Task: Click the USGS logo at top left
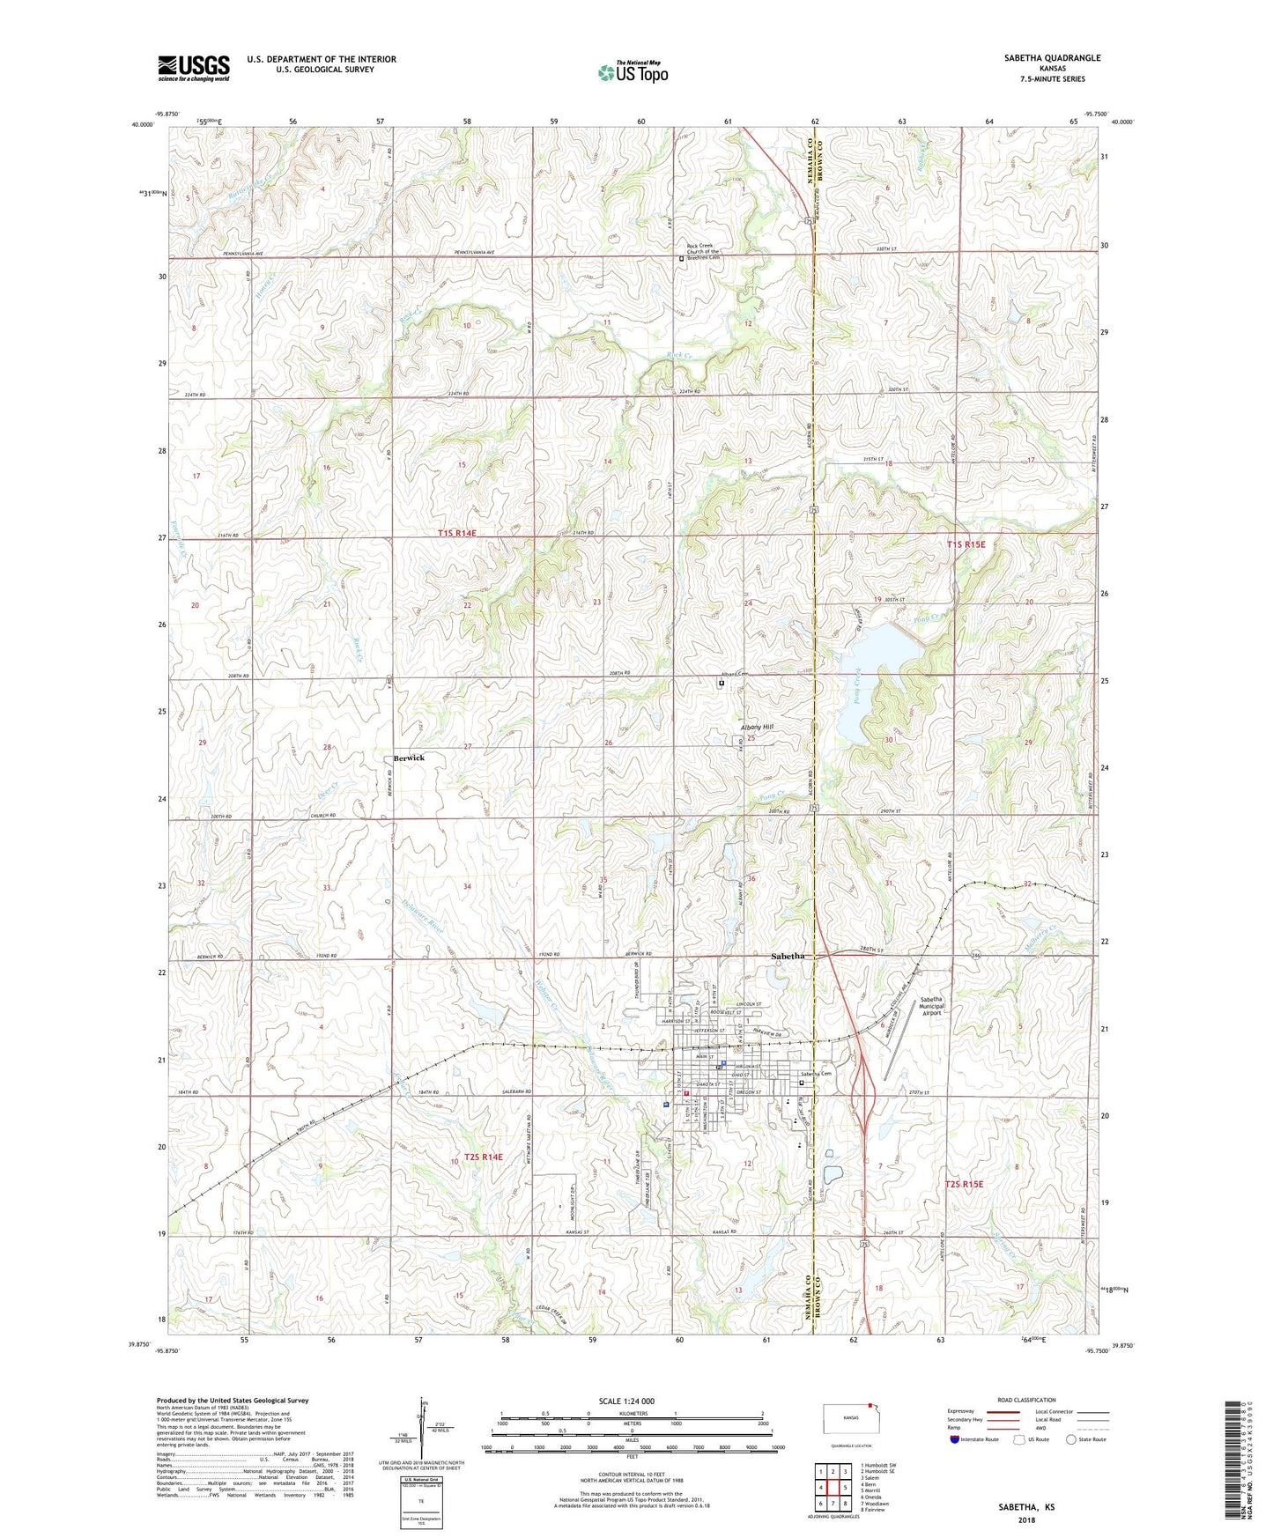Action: [x=193, y=68]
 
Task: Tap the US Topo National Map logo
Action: [x=633, y=71]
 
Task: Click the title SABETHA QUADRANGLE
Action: [x=1052, y=58]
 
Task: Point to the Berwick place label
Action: [x=409, y=758]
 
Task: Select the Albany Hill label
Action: [x=756, y=727]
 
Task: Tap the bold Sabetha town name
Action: [x=787, y=956]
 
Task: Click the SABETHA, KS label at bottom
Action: [x=1025, y=1507]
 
